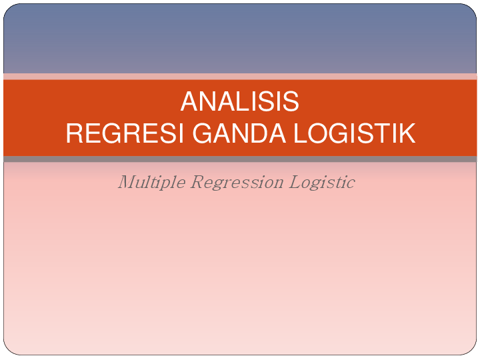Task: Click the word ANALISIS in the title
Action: point(239,102)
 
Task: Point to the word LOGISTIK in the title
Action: point(355,133)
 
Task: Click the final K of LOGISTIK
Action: point(407,133)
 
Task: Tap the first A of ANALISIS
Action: point(189,102)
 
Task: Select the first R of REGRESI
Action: point(74,133)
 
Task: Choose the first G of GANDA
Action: point(203,133)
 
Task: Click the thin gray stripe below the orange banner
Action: point(240,159)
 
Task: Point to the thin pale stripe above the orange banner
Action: point(240,77)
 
